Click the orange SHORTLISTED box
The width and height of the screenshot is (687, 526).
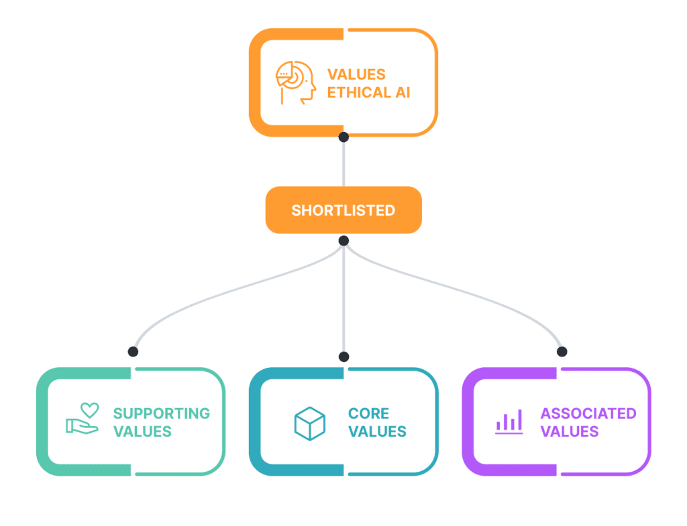click(343, 210)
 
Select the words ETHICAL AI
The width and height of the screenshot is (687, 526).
click(368, 92)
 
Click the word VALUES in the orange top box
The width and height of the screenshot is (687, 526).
click(356, 74)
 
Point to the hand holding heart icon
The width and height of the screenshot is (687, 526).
click(83, 419)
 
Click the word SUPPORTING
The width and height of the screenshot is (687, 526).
click(161, 413)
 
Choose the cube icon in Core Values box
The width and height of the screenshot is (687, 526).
click(309, 423)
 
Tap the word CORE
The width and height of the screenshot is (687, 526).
click(368, 413)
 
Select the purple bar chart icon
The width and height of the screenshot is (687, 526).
click(509, 422)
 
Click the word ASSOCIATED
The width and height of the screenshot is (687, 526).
click(588, 413)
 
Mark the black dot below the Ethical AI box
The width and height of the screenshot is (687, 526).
click(343, 137)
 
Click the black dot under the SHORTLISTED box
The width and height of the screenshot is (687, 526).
click(343, 241)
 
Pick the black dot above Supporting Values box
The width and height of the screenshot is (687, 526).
click(133, 351)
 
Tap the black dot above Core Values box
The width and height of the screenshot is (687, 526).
click(343, 356)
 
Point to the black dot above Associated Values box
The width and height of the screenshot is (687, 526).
click(562, 351)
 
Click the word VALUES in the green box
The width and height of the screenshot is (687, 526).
click(142, 432)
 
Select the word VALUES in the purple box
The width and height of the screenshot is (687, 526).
click(570, 432)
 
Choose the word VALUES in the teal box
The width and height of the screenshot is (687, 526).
click(377, 432)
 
